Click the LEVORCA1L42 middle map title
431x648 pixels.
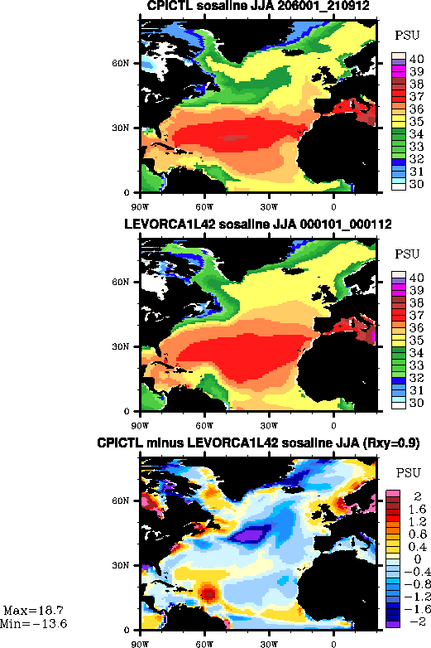coord(258,225)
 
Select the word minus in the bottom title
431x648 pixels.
coord(165,443)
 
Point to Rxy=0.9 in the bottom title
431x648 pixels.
coord(390,443)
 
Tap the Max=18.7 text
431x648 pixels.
coord(33,611)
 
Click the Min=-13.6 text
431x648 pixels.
coord(33,624)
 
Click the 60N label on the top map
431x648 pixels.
coord(121,63)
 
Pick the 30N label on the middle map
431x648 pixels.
coord(121,346)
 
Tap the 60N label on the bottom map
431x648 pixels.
coord(121,501)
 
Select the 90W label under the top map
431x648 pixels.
coord(140,206)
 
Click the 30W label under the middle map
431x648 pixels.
coord(269,426)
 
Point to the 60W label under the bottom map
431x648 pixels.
coord(204,645)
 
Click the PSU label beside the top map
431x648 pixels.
coord(407,36)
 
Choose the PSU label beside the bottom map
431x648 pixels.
coord(408,473)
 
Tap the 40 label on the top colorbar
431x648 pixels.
coord(417,59)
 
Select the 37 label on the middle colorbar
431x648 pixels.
coord(417,316)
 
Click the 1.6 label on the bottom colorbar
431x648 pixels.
coord(418,509)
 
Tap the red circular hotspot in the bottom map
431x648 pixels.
coord(209,593)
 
